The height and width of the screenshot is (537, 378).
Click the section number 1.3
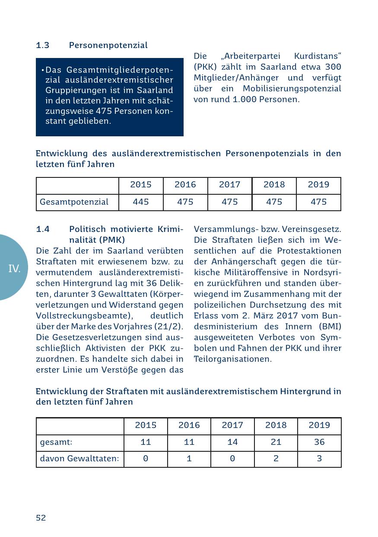(42, 45)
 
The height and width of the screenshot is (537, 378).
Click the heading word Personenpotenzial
(108, 45)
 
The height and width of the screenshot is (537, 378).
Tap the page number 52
(41, 518)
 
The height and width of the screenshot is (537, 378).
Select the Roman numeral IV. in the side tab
(14, 269)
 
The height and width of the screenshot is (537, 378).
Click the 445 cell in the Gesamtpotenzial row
(141, 202)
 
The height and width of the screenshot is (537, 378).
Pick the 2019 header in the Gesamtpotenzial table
(318, 185)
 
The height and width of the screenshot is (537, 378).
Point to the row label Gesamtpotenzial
(74, 202)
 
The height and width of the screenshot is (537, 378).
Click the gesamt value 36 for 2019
(319, 442)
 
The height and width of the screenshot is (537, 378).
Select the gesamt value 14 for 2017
(232, 442)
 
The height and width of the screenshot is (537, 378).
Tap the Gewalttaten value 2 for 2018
(276, 459)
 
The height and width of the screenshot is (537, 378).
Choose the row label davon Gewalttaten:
(79, 459)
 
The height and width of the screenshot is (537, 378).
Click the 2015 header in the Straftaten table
(146, 425)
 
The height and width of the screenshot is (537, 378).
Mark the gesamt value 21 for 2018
(276, 442)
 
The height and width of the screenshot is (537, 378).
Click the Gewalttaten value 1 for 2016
(189, 459)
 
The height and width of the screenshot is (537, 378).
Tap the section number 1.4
(42, 229)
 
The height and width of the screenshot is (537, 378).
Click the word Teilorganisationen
(232, 359)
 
